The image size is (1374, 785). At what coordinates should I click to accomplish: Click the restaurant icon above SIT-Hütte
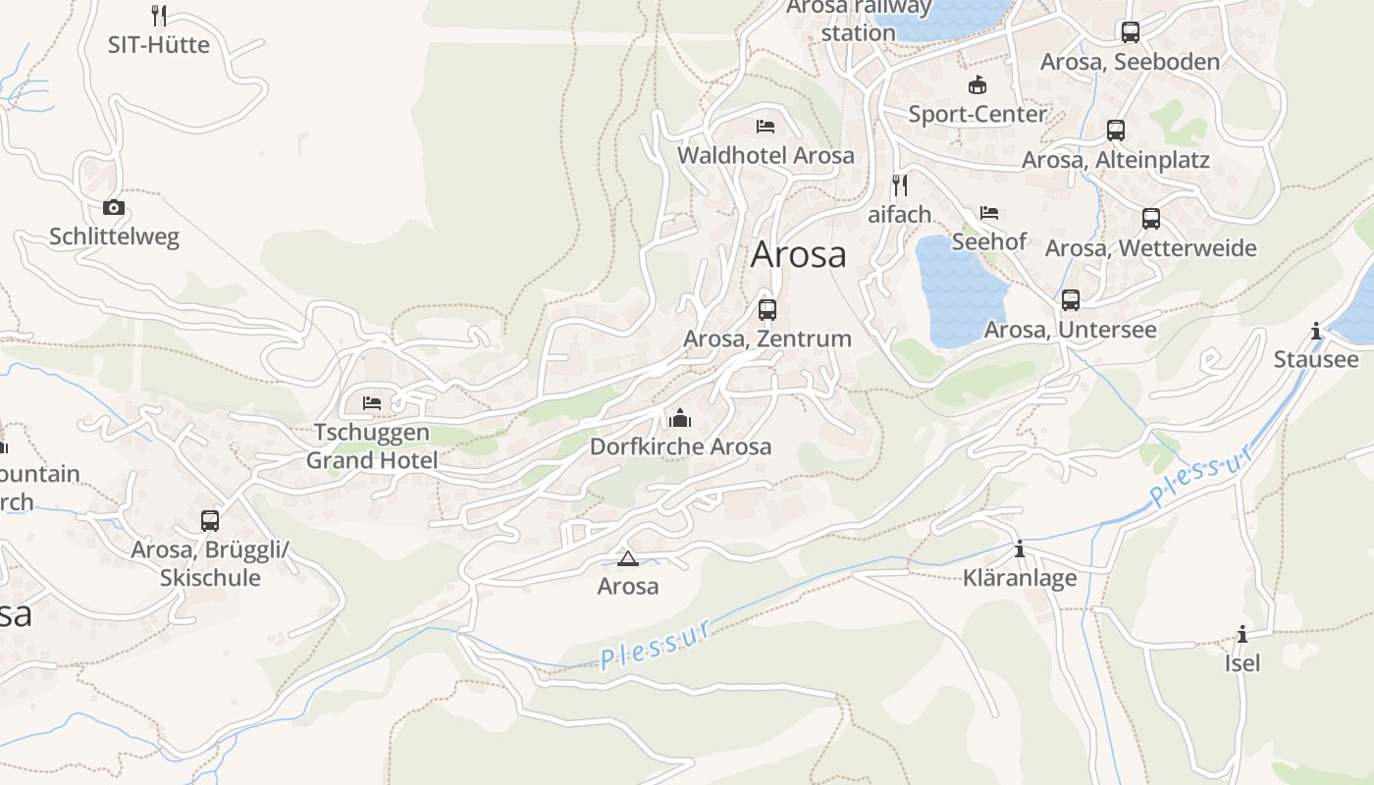point(159,15)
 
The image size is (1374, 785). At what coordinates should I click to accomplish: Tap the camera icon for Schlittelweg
point(114,207)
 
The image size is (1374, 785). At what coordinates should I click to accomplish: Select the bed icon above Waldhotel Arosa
point(766,127)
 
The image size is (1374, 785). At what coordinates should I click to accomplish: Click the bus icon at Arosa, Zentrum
point(767,310)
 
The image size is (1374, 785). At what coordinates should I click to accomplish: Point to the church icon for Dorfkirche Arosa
point(680,418)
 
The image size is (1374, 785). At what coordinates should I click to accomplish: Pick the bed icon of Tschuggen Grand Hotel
point(372,402)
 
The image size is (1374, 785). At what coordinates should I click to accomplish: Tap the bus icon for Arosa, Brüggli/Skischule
point(210,520)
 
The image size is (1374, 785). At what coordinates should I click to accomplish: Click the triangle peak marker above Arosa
point(628,559)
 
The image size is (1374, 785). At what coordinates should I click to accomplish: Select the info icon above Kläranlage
point(1020,549)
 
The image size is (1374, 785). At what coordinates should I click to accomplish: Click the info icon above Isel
point(1242,634)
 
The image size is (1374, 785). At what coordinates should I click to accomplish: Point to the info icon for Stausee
point(1316,331)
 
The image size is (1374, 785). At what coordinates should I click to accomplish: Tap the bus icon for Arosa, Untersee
point(1071,300)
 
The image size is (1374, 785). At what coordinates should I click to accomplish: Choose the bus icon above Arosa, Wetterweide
point(1151,219)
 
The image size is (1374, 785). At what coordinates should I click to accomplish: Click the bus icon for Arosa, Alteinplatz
point(1116,131)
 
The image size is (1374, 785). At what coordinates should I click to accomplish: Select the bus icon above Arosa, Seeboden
point(1131,32)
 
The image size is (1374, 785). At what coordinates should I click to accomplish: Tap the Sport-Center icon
point(977,84)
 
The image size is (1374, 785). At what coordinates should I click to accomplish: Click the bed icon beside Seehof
point(989,212)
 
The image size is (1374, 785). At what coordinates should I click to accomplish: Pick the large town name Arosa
point(799,254)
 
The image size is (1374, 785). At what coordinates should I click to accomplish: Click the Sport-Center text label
point(978,114)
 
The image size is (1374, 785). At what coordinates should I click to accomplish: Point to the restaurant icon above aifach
point(899,184)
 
